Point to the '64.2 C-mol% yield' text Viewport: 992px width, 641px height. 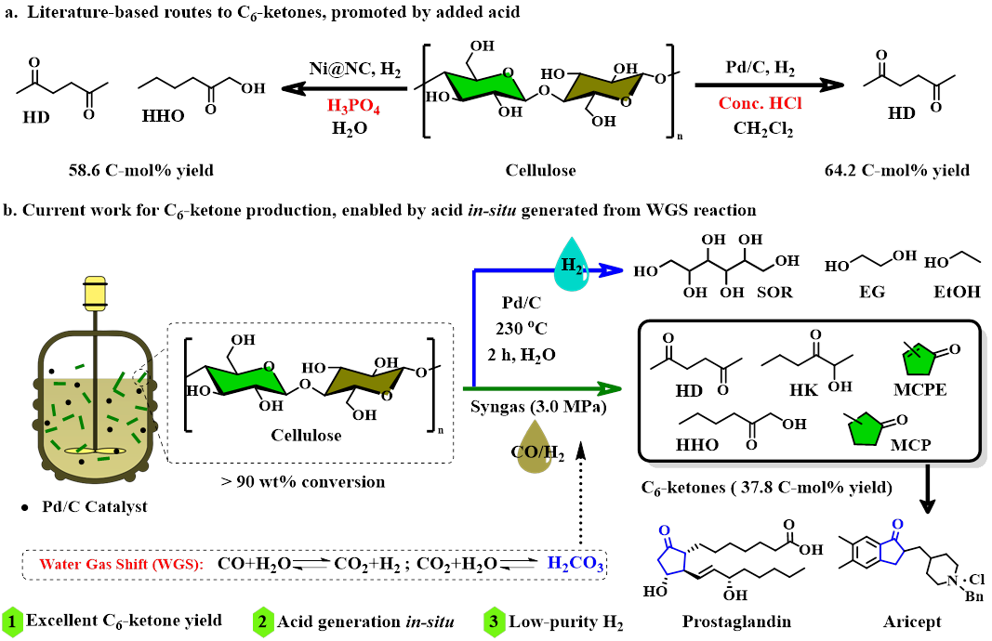[x=896, y=170]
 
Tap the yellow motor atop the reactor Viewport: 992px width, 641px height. [x=94, y=294]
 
